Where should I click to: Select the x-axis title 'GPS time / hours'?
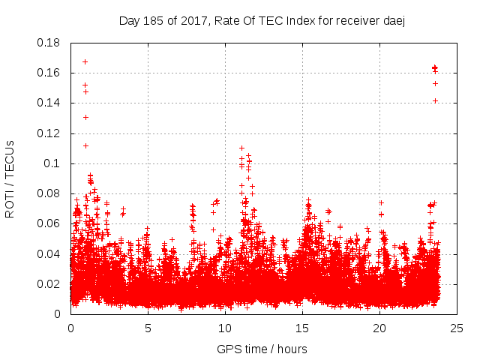point(262,349)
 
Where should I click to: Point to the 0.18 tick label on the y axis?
point(49,43)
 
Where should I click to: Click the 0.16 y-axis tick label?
point(49,73)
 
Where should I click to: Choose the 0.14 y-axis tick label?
point(49,103)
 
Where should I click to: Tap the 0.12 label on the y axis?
point(49,133)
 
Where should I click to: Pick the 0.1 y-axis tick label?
point(53,163)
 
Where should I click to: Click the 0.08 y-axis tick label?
point(49,193)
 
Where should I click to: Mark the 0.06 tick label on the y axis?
point(49,223)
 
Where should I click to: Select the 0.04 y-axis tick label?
point(49,253)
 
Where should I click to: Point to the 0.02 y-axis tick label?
point(49,284)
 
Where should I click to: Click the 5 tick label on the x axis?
point(148,328)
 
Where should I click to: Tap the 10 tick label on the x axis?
point(225,328)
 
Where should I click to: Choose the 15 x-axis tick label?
point(302,328)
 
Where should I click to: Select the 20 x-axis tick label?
point(379,328)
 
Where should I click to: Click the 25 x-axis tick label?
point(457,328)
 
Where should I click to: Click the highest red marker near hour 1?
point(85,61)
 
